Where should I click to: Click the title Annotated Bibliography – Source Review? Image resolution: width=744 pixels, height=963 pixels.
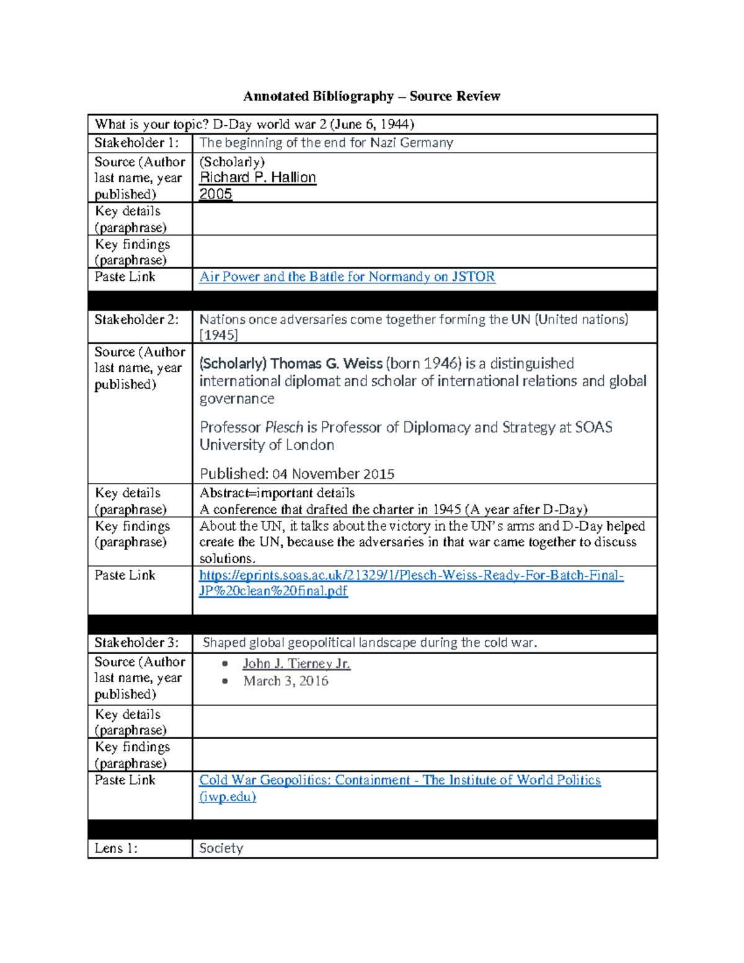(371, 96)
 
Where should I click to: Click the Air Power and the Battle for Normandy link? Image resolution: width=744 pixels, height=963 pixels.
(347, 277)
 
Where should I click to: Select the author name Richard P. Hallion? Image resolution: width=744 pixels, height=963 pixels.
(257, 177)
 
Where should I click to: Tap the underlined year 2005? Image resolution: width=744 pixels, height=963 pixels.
(215, 193)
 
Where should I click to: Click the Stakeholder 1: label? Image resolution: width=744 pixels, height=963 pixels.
(136, 143)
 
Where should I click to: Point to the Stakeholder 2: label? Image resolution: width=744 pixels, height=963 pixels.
(136, 319)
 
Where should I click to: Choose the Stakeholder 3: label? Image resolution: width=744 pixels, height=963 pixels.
(136, 642)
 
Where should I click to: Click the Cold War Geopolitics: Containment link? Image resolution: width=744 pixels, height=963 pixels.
(399, 780)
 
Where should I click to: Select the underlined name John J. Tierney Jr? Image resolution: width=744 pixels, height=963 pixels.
(296, 663)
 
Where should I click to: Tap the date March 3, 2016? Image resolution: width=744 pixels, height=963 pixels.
(286, 681)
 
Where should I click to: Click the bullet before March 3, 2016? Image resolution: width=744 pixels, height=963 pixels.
(225, 681)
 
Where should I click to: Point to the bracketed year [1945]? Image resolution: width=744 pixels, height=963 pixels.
(218, 335)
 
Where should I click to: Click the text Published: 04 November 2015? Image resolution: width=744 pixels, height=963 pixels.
(297, 474)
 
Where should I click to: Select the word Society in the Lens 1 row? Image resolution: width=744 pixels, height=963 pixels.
(221, 848)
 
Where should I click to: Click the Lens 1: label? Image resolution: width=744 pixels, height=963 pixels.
(116, 848)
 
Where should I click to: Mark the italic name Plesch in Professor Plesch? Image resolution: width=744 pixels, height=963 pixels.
(284, 427)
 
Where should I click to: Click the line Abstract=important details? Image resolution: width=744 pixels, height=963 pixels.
(277, 493)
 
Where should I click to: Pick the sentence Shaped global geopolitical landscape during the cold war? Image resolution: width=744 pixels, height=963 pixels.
(370, 642)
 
